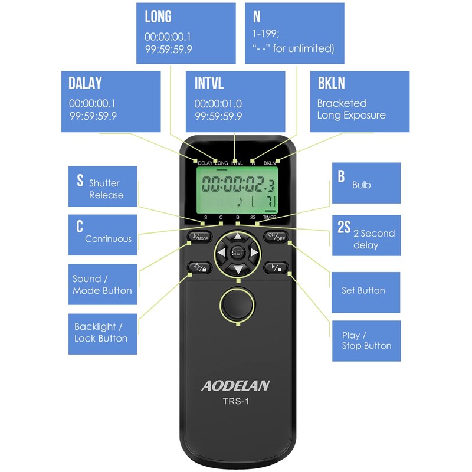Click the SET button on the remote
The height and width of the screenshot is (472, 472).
tap(237, 253)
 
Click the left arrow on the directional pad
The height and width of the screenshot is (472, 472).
tap(221, 253)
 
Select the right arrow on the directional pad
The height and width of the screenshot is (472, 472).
tap(254, 253)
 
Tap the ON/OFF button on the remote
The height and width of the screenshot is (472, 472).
tap(274, 237)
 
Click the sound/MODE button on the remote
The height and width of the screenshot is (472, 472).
tap(199, 237)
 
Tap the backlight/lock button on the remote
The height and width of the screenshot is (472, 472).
tap(199, 267)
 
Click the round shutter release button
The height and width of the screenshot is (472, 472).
tap(237, 304)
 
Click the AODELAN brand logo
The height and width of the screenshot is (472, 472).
tap(235, 386)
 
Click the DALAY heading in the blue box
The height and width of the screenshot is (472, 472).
tap(85, 83)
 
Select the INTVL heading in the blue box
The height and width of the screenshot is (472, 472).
tap(209, 83)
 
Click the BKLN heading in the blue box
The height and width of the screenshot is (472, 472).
tap(331, 83)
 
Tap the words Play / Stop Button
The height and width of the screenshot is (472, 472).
tap(366, 340)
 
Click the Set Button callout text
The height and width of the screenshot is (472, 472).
tap(363, 290)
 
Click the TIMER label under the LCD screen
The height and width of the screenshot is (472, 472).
tap(270, 218)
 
